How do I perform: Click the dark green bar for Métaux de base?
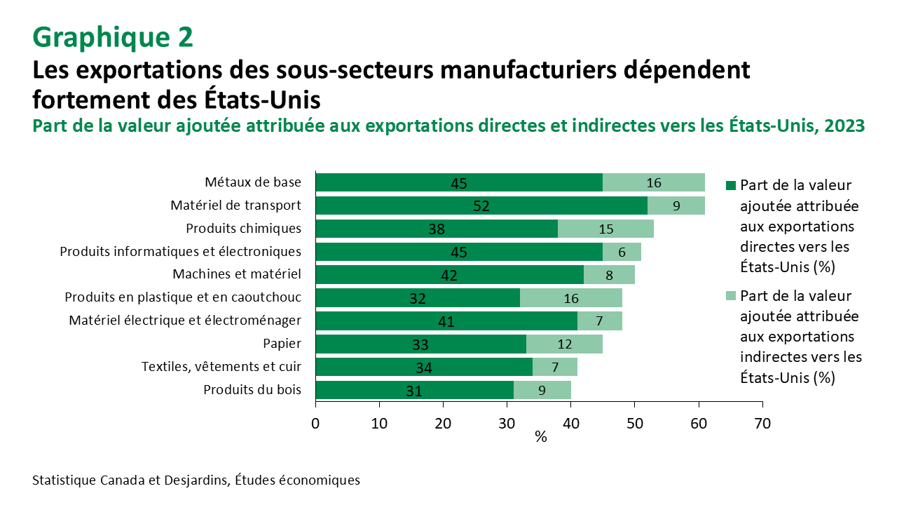coord(459,182)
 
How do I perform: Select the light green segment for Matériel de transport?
coord(676,206)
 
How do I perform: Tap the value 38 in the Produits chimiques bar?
coord(436,229)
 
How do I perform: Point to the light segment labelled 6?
coord(622,252)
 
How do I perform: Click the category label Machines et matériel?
coord(237,274)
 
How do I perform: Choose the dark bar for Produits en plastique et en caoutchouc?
coord(418,298)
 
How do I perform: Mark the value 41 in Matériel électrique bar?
coord(446,321)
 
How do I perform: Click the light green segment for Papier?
coord(564,344)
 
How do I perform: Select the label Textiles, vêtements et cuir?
coord(221,367)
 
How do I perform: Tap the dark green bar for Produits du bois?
coord(413,390)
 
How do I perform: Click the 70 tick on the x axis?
coord(762,423)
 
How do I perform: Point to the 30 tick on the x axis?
coord(507,423)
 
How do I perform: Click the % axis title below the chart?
coord(540,437)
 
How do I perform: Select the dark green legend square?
coord(730,186)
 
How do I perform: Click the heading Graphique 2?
coord(113,37)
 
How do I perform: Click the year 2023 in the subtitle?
coord(845,126)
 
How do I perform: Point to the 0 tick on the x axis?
coord(316,423)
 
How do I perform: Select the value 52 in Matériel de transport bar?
coord(481,206)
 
